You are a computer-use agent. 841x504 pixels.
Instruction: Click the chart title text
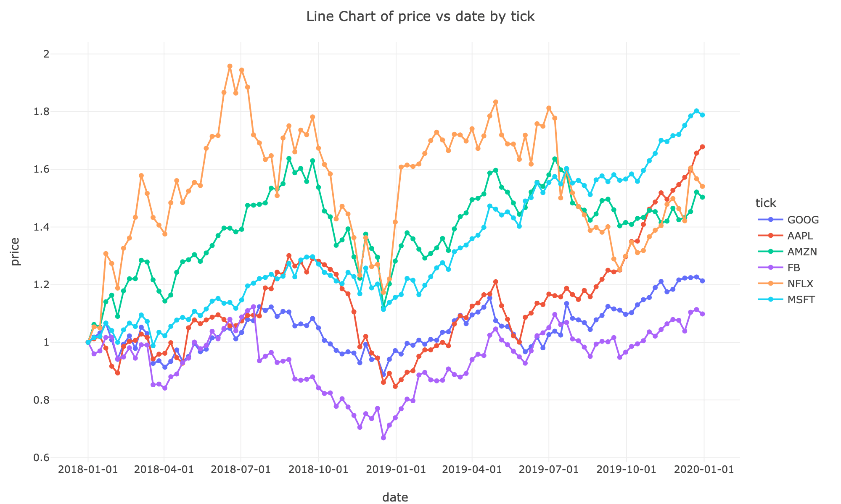[420, 17]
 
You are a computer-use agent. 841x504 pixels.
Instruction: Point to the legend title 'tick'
[766, 203]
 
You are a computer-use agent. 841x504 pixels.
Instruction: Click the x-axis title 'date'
[395, 497]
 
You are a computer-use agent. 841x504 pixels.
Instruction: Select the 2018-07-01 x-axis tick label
[241, 470]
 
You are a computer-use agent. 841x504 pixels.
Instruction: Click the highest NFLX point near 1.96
[230, 66]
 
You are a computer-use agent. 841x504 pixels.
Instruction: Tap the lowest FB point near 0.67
[383, 438]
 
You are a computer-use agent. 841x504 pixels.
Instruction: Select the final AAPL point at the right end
[702, 147]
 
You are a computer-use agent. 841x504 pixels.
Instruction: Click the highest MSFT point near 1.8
[696, 111]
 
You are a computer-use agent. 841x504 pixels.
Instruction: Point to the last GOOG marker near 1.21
[702, 281]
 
